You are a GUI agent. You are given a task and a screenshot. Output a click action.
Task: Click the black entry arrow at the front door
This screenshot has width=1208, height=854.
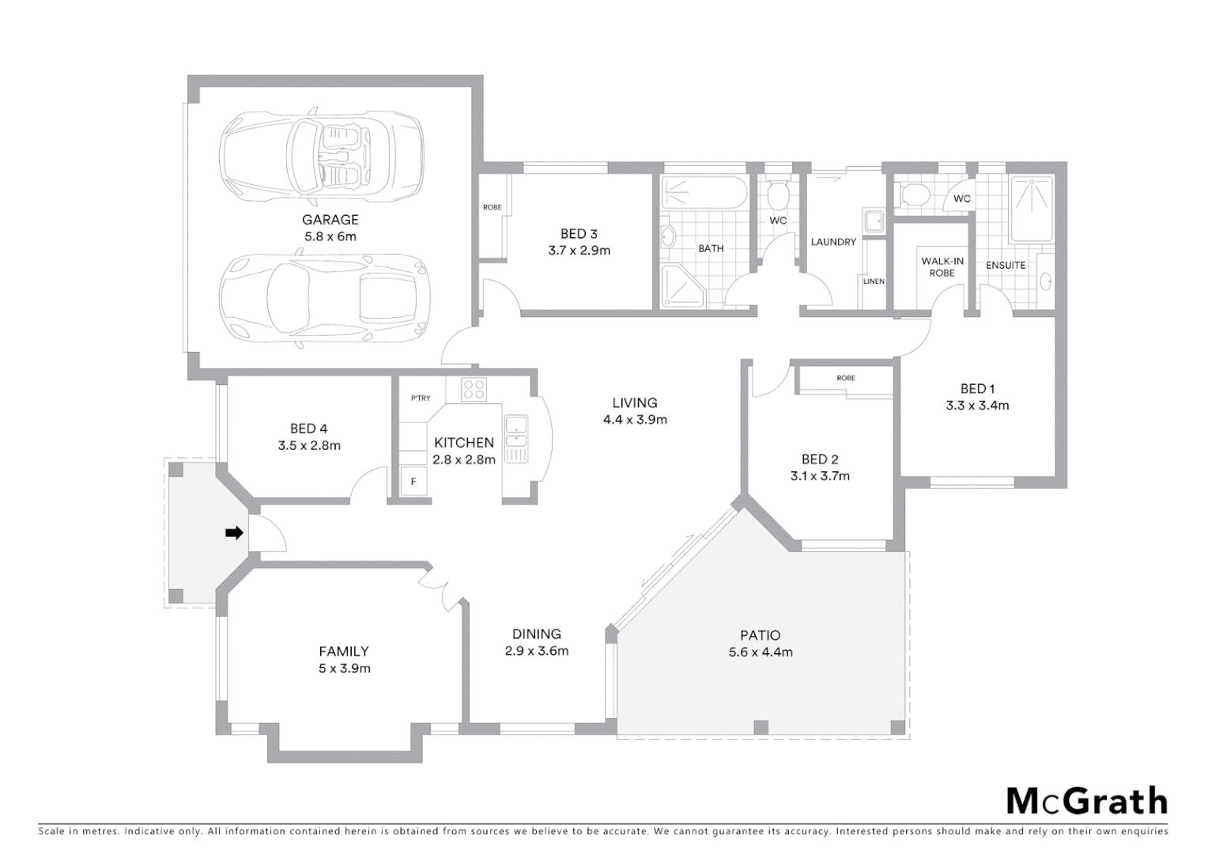coord(234,533)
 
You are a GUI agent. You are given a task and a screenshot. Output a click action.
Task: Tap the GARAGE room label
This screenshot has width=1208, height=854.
coord(330,220)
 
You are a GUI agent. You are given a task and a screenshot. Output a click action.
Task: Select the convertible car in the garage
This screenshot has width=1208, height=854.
coord(320,155)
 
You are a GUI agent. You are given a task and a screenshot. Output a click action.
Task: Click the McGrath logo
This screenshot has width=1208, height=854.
coord(1086,801)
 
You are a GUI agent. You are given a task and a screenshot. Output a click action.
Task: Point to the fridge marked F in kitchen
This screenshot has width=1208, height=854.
coord(413,481)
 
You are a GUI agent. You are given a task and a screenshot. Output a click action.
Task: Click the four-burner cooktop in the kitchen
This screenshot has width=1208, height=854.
coord(474,389)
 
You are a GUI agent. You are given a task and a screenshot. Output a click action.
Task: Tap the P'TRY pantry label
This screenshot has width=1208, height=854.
coord(421,399)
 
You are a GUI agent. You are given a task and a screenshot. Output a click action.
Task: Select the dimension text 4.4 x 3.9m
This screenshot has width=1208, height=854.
coord(635,420)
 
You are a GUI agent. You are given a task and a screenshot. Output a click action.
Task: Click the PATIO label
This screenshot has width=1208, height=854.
coord(760,635)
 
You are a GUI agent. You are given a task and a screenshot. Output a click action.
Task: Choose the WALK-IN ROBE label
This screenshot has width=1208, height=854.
coord(942,267)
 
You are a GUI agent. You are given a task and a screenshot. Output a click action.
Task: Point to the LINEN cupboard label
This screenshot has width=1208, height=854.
coord(874,282)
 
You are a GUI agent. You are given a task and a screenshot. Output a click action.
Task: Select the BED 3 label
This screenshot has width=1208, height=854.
coord(579,233)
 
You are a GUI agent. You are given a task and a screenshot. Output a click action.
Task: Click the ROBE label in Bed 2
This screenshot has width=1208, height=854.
coord(846,378)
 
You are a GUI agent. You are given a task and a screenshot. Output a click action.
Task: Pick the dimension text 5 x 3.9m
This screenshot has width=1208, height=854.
coord(344,668)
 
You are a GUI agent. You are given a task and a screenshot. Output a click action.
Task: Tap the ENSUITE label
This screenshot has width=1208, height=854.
coord(1005,265)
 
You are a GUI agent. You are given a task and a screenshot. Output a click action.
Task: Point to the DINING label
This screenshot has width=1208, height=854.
coord(537,633)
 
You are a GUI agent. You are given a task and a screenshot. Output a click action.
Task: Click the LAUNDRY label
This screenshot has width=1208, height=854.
coord(833,242)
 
